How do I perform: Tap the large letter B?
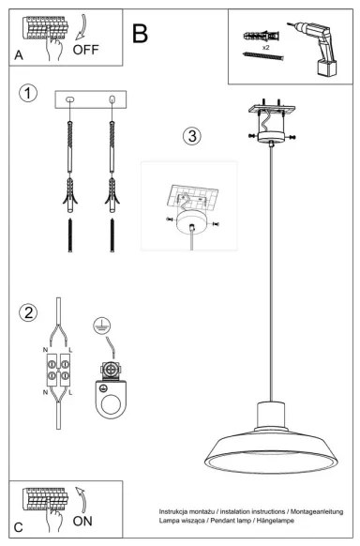[141, 34]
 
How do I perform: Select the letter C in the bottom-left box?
[19, 527]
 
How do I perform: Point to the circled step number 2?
[30, 311]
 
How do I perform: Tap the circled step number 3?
[191, 135]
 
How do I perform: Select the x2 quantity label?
[267, 46]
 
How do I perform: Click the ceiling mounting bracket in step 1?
[91, 99]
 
